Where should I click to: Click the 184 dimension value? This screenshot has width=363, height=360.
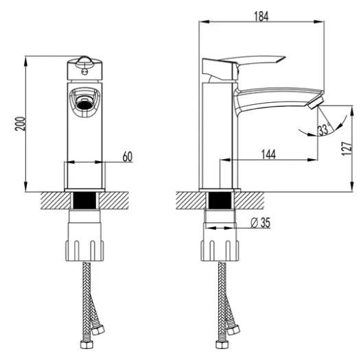[x=261, y=16]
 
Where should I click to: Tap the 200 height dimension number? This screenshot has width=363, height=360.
[x=20, y=124]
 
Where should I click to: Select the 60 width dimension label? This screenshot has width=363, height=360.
[x=128, y=156]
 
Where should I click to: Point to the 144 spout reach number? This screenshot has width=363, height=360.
[x=268, y=154]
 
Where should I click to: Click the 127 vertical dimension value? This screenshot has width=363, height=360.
[x=347, y=149]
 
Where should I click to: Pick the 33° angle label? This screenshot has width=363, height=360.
[x=324, y=130]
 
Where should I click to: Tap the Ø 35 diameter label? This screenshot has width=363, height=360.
[x=261, y=223]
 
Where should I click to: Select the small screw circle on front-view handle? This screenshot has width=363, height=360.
[x=84, y=72]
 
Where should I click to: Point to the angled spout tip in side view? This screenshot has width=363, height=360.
[x=316, y=103]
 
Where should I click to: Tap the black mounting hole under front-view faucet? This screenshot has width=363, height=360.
[x=84, y=200]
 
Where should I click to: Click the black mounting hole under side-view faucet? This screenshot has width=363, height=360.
[x=220, y=200]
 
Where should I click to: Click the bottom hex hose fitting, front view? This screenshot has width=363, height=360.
[x=86, y=344]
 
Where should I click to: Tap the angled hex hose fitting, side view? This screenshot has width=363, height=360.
[x=233, y=330]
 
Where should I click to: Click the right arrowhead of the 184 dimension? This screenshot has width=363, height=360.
[x=319, y=22]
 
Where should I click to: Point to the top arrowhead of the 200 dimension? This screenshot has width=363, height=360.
[x=25, y=61]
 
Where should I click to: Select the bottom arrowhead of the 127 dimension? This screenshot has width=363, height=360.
[x=352, y=187]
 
